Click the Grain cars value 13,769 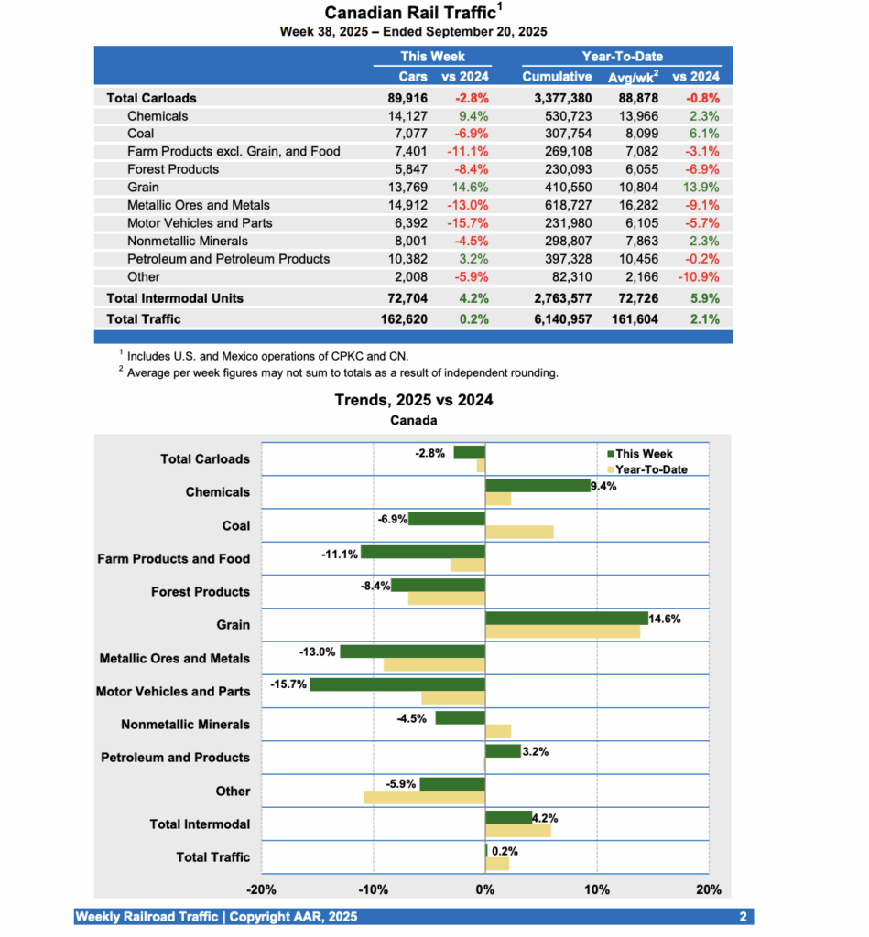408,187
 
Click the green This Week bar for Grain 566,619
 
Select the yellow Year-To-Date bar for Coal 518,533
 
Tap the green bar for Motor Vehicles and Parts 396,684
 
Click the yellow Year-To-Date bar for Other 424,797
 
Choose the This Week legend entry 642,454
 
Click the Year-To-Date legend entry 648,469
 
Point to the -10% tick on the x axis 374,889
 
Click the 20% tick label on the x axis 708,889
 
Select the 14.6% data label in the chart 666,619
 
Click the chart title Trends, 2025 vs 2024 413,400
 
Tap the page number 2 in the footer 743,917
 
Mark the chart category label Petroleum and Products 175,758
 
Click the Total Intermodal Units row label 175,298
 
